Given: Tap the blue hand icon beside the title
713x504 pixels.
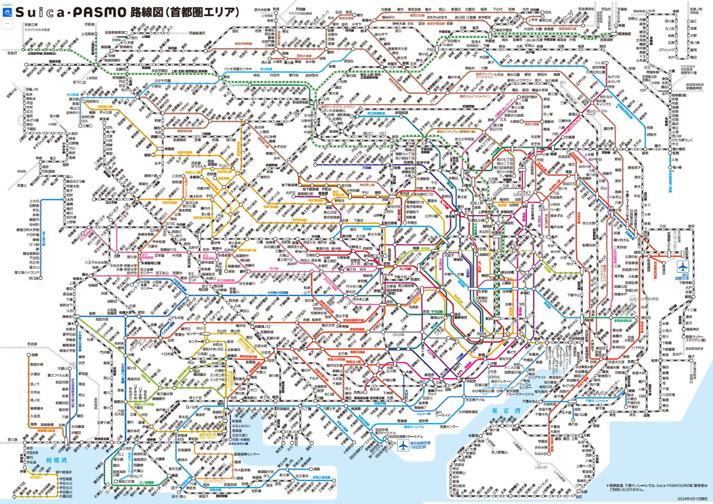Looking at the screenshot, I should (8, 13).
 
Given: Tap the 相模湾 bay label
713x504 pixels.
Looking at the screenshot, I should (57, 460).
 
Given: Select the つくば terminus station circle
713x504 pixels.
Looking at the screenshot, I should (606, 63).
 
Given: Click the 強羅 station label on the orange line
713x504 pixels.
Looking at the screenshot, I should (34, 355).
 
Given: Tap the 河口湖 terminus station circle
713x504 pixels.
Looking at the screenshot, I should (40, 278).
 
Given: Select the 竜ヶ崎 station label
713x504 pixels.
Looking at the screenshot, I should (675, 168).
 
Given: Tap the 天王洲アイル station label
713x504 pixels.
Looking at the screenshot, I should (475, 400).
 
